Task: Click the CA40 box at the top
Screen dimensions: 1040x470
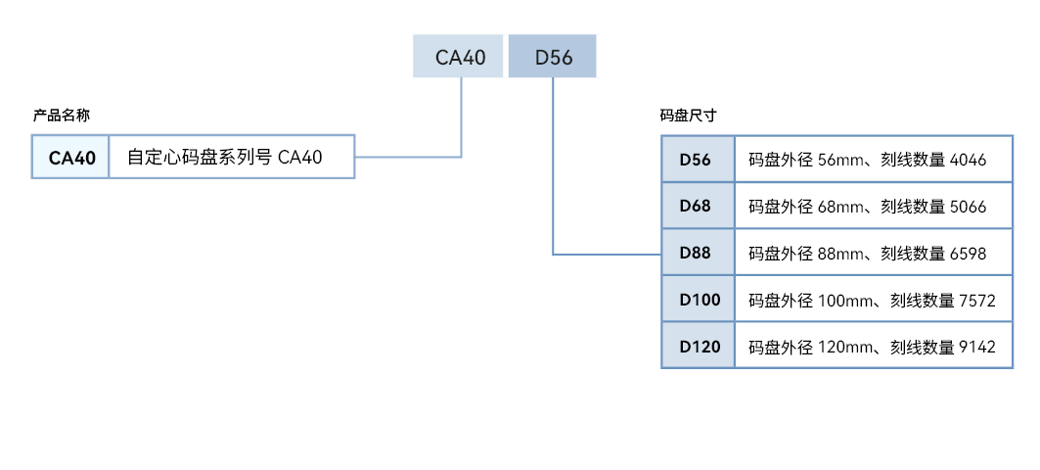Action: coord(458,57)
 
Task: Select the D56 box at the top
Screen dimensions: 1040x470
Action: coord(553,57)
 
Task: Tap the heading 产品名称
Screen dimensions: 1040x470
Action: coord(61,116)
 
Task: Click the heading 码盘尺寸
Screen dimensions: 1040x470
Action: coord(689,116)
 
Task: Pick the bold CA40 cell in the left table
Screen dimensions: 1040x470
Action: coord(71,158)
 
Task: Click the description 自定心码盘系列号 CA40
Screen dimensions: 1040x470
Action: coord(225,158)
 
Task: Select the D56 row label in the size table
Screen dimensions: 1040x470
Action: coord(695,160)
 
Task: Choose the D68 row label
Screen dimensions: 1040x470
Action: coord(695,206)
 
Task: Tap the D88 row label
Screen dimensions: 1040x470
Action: coord(695,253)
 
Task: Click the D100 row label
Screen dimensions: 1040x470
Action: coord(700,300)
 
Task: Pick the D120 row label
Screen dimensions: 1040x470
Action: coord(700,346)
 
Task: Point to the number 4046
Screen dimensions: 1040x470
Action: coord(968,160)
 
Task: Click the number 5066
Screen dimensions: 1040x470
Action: coord(968,207)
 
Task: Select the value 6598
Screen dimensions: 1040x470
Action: coord(968,254)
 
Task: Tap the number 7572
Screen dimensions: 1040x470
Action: coord(977,301)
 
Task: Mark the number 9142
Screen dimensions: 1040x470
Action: coord(977,347)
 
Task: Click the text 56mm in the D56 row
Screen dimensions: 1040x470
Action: coord(841,160)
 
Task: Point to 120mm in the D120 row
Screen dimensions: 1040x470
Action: coord(845,347)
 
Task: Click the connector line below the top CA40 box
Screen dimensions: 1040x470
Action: coord(461,117)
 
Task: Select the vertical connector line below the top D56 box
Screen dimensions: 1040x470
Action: coord(553,165)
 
